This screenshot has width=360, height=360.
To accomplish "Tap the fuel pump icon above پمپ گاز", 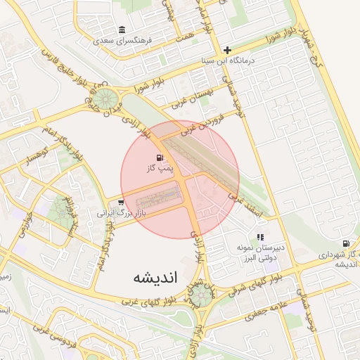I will pos(160,157).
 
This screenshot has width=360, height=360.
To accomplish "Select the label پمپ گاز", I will pos(160,169).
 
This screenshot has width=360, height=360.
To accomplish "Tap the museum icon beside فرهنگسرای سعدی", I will pos(123,30).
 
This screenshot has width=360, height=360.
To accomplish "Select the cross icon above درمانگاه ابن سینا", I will pos(227,50).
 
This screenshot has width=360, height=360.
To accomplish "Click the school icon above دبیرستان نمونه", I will pos(260,238).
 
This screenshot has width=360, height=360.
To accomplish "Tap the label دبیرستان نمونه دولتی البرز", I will pos(259,253).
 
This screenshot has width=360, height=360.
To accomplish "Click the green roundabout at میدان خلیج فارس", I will pos(105,98).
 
